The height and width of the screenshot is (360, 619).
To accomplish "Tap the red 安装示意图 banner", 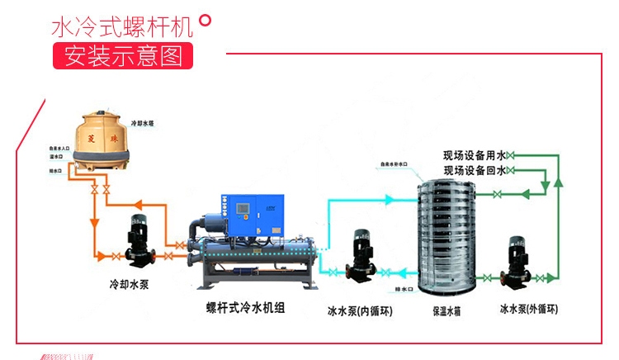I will click(122, 55).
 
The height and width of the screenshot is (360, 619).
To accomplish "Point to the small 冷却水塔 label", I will click(142, 122).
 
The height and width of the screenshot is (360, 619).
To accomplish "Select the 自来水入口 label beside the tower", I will click(60, 148).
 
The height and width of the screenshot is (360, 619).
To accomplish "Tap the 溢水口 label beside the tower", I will click(57, 156).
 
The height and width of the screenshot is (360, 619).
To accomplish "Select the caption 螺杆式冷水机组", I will click(245, 307).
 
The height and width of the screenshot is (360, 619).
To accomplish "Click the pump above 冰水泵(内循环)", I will click(361, 256).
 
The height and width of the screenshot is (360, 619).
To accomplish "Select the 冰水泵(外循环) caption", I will click(529, 309).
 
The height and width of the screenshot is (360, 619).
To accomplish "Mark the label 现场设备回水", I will click(474, 170).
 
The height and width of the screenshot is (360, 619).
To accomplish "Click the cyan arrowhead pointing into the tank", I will click(390, 198).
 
